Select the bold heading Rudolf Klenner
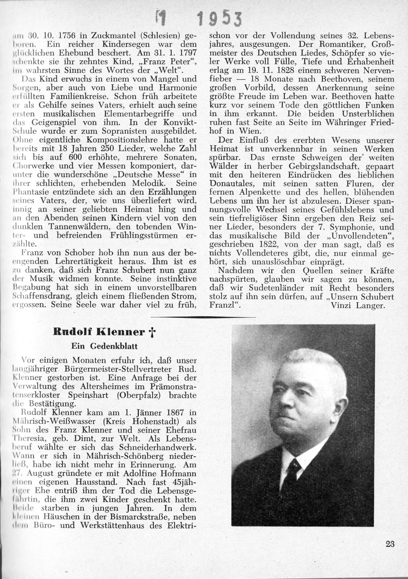pos(99,332)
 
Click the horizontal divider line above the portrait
pos(204,317)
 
